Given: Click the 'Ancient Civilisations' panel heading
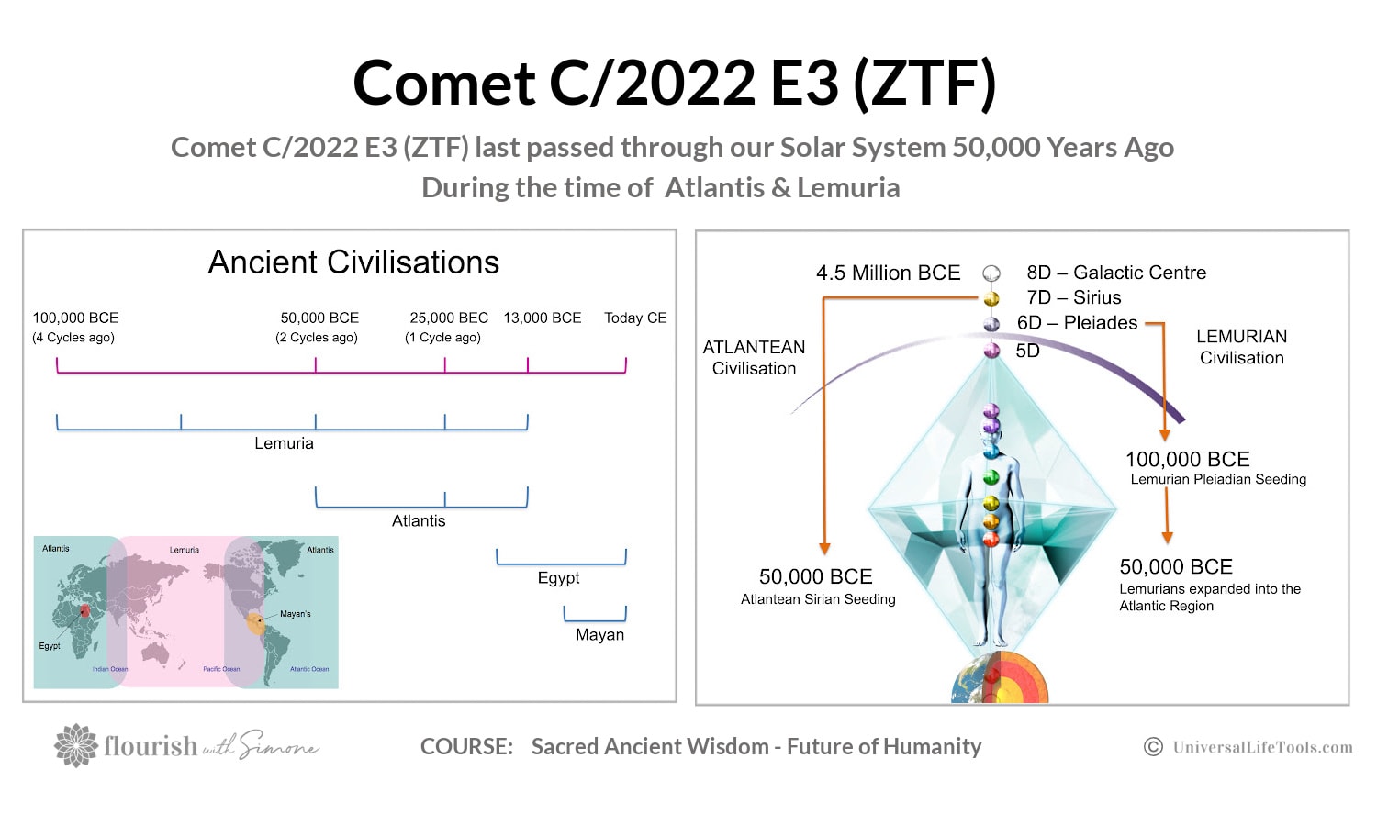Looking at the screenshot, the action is click(353, 262).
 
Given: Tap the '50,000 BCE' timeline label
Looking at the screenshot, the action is click(319, 318).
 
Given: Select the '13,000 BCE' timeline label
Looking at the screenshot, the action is click(543, 318).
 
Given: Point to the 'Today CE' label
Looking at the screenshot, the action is click(635, 318).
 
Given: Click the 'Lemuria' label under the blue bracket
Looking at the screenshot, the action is click(284, 443).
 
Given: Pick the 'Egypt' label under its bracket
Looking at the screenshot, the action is click(558, 577).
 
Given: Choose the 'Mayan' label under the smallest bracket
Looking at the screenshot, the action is click(599, 634).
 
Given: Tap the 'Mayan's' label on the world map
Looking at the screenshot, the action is click(295, 614).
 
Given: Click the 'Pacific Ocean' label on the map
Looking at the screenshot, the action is click(221, 669).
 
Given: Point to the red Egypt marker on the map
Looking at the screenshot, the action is click(84, 611).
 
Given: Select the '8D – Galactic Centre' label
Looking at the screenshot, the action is click(1116, 273).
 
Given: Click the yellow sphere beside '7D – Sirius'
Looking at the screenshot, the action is click(991, 298).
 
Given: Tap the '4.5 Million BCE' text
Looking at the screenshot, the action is click(889, 273).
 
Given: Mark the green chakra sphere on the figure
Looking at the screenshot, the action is click(991, 477).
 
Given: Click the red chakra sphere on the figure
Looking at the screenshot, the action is click(991, 540).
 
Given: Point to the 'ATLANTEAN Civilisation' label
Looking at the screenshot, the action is click(754, 358).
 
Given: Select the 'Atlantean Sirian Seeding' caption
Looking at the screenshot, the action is click(818, 599).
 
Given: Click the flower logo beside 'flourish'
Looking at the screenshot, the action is click(76, 745).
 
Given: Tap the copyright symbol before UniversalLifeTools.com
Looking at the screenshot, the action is click(1153, 747).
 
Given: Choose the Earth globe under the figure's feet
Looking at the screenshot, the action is click(1000, 678).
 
